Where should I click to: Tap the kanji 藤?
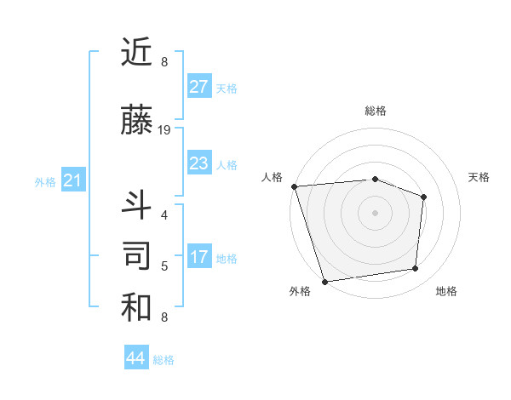coord(136,120)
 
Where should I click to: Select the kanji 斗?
coord(136,205)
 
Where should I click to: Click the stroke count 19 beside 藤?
coord(164,130)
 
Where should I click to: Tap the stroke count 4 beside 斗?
coord(164,215)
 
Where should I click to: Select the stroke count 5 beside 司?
coord(164,266)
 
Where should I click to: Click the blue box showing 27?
coord(198,87)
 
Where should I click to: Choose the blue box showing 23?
coord(198,163)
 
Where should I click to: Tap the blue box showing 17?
coord(198,257)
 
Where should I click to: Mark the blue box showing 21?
coord(72,180)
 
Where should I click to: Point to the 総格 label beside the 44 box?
coord(164,360)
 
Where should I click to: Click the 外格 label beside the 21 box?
coord(45,181)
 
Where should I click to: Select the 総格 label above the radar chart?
coord(375,111)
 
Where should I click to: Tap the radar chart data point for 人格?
coord(294,186)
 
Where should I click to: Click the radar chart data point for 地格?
coord(416,269)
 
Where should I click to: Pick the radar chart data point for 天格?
coord(423,197)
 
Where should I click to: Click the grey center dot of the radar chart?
coord(375,212)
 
